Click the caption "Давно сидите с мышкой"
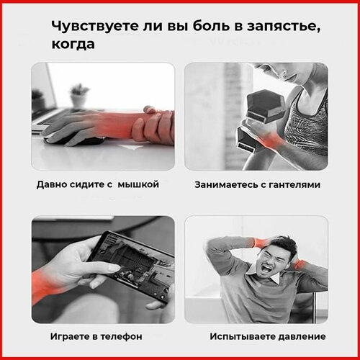pyautogui.click(x=97, y=184)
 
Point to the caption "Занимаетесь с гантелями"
pyautogui.click(x=257, y=184)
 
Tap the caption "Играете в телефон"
pyautogui.click(x=96, y=336)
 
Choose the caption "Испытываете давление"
pyautogui.click(x=267, y=336)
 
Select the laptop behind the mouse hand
pyautogui.click(x=43, y=101)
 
